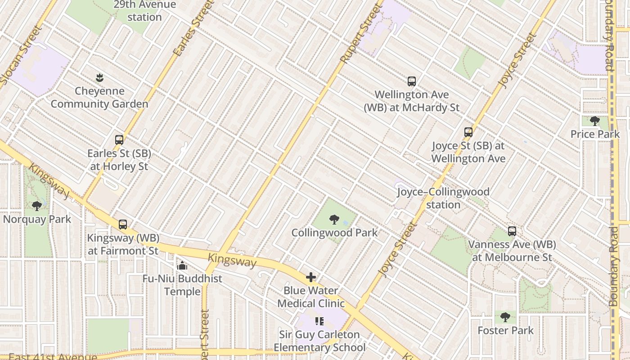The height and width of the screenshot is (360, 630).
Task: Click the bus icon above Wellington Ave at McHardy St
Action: coord(411,81)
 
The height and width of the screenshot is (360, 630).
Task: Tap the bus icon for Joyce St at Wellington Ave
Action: coord(468,132)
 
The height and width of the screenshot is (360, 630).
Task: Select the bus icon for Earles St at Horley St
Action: coord(119,140)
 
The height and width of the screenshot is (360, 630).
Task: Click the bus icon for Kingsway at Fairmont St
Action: coord(123,225)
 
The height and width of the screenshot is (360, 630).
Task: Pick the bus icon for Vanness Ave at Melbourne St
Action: coord(512,231)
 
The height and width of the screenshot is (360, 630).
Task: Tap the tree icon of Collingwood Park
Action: coord(334,220)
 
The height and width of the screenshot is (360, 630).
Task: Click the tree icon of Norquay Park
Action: coord(37,206)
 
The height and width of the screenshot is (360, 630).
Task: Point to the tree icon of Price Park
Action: coord(594,121)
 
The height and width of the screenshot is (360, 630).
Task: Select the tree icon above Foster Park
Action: coord(505,317)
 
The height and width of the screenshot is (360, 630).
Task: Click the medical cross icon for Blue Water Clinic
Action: coord(310,277)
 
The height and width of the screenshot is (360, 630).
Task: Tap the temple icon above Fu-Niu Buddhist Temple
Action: coord(182,265)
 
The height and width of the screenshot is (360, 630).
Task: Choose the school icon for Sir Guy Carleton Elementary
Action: coord(319,321)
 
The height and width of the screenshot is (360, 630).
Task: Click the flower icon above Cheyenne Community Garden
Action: coord(99,78)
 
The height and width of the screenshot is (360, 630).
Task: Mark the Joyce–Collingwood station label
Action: coord(443,198)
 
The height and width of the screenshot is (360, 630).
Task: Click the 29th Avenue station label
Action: coord(144,11)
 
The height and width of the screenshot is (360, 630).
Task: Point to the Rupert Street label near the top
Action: coord(360,36)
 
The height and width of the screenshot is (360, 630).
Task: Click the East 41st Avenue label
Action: coord(53,357)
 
